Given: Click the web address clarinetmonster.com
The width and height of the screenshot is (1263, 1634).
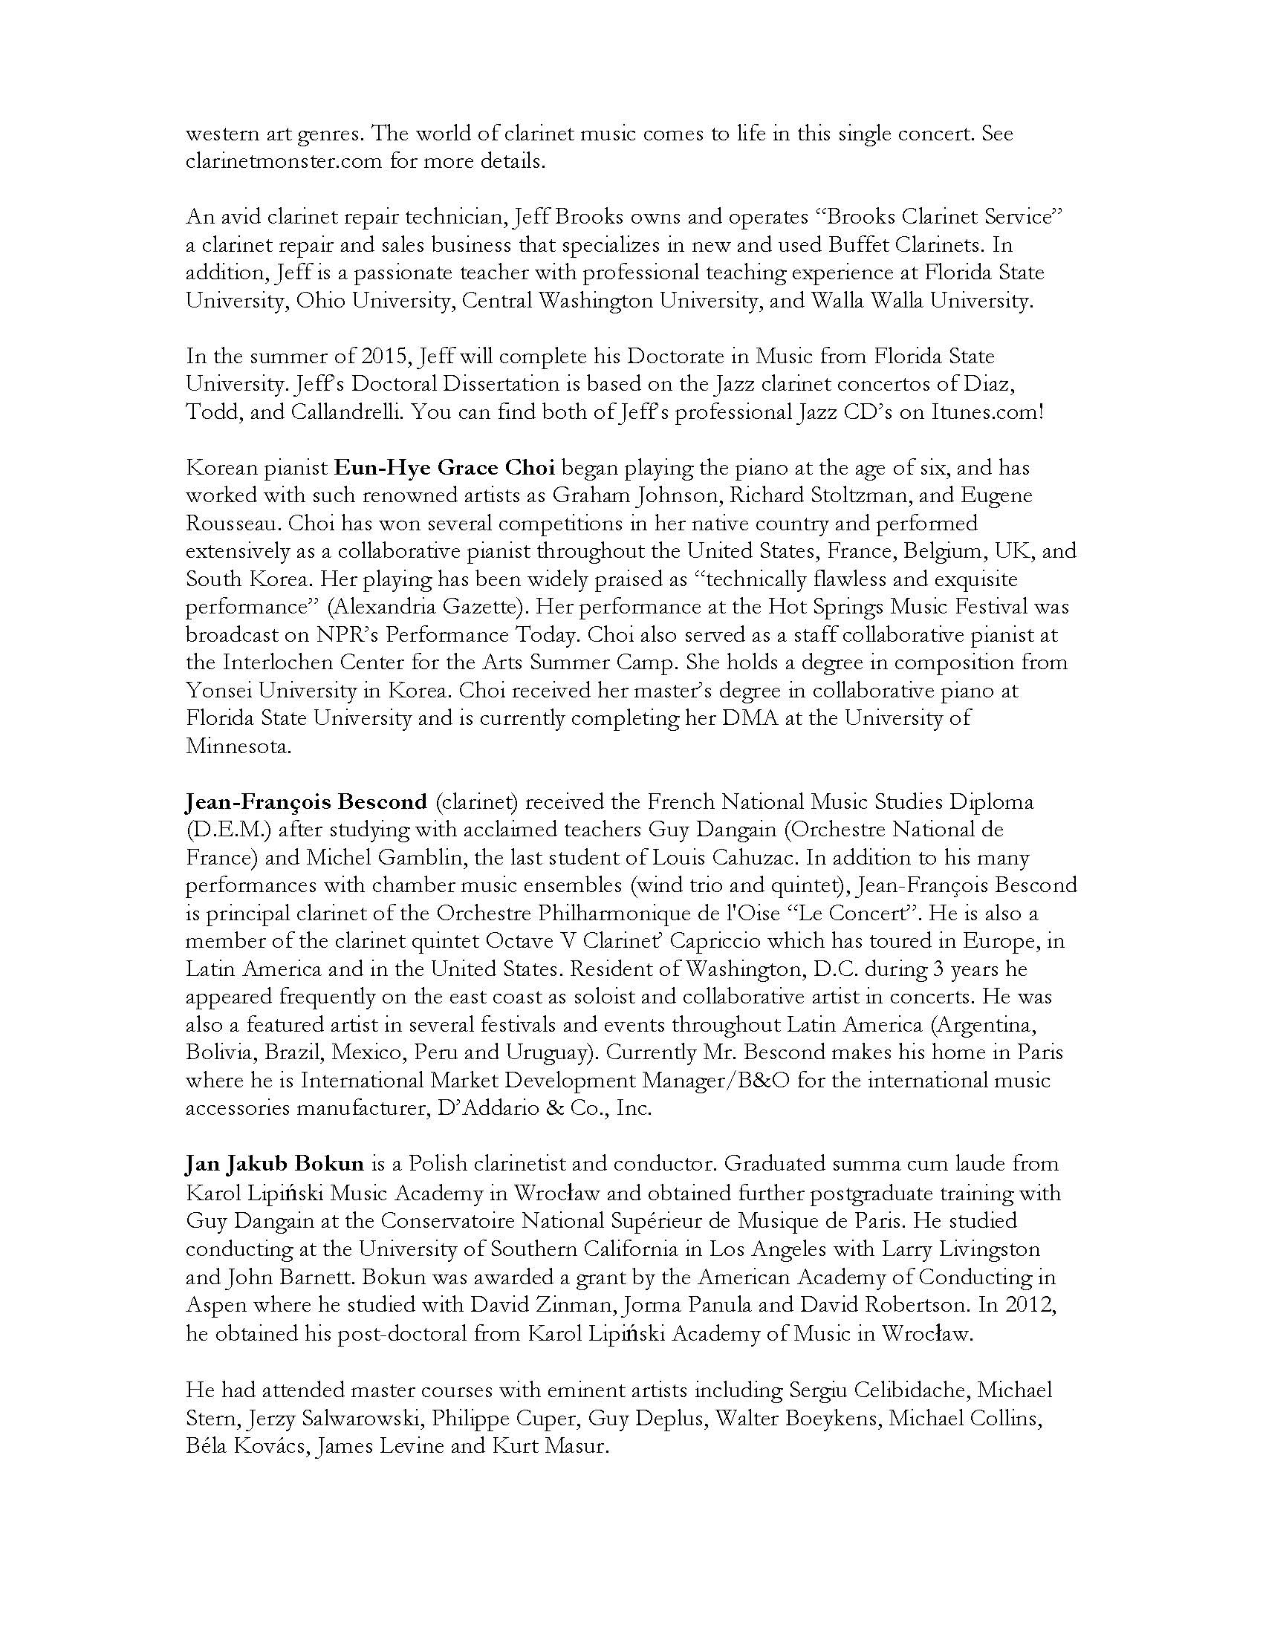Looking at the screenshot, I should pos(285,162).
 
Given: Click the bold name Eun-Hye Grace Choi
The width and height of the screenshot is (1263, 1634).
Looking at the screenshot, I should pos(444,469).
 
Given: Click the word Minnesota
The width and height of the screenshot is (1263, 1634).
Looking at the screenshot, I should pos(236,746).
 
